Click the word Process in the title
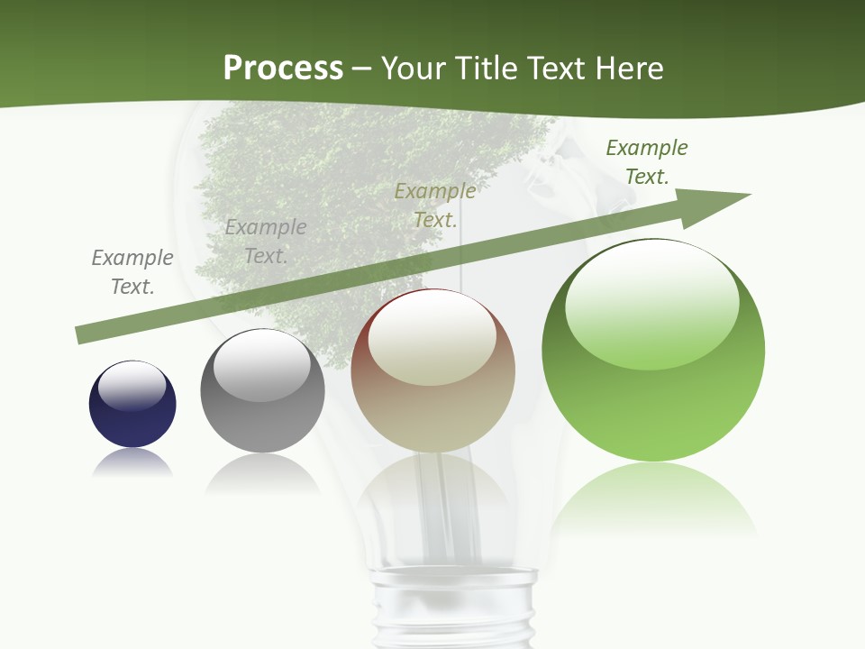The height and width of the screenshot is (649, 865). tap(283, 69)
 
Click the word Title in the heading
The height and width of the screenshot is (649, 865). tap(482, 69)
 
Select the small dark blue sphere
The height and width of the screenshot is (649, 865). tap(132, 405)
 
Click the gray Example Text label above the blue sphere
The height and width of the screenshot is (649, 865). tap(132, 272)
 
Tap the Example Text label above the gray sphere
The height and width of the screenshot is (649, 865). tap(266, 242)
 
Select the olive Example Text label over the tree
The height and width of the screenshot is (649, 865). tap(435, 205)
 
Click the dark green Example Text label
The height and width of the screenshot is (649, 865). tap(647, 162)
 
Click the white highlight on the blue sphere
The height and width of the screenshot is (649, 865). tap(132, 386)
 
